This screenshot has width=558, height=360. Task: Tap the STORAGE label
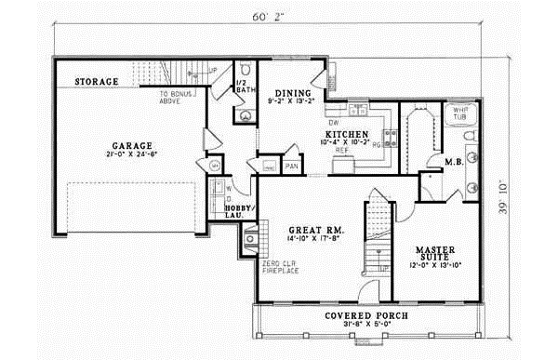click(97, 83)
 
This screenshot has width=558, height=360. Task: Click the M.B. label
click(455, 162)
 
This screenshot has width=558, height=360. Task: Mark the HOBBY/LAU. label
click(239, 211)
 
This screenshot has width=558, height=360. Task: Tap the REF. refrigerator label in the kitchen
click(340, 151)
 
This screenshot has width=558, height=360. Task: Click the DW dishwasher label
click(331, 122)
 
